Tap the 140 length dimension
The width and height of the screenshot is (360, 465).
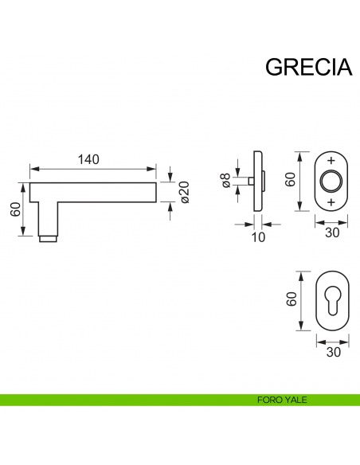coord(88,159)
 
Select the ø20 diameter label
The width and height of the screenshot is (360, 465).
coord(185,191)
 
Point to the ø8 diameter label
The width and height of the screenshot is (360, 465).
coord(225,182)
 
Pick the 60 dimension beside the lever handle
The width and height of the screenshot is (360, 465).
coord(14,209)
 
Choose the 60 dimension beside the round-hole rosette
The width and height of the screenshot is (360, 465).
coord(291,180)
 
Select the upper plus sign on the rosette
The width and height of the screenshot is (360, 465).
coord(331,160)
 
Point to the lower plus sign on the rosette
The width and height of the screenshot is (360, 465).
coord(331,202)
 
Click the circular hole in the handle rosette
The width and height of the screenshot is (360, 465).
coord(331,182)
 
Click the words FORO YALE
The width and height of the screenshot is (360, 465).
coord(283,400)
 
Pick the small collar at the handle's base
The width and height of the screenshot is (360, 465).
coord(49,238)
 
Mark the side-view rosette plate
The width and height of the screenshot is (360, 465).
coord(257,182)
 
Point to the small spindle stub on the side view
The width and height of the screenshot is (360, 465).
coord(250,182)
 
